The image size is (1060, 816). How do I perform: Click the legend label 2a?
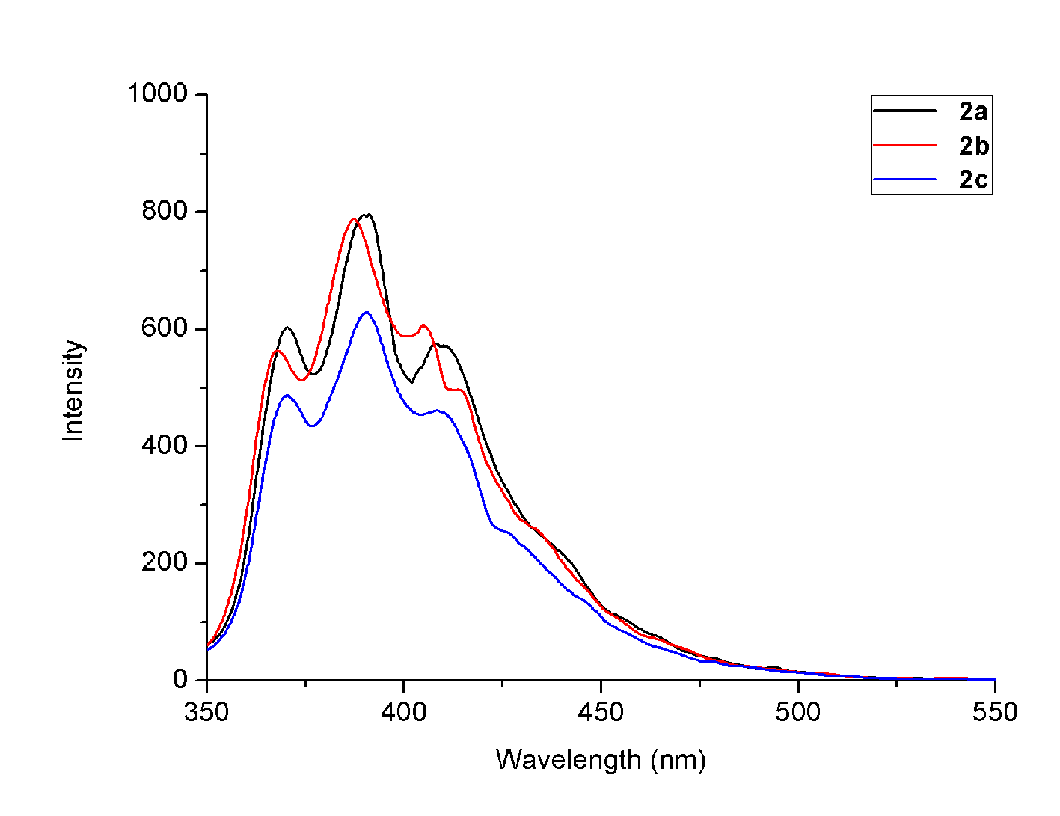click(973, 112)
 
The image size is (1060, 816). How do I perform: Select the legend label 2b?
click(973, 147)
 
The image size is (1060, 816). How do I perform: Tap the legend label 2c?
click(973, 180)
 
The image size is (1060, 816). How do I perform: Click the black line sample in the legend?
click(905, 111)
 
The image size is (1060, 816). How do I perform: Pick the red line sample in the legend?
click(905, 144)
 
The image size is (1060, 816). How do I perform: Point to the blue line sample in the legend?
click(905, 179)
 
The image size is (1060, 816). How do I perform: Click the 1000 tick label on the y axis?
click(157, 93)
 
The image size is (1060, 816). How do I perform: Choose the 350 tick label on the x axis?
click(206, 712)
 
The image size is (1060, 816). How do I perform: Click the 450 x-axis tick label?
click(601, 712)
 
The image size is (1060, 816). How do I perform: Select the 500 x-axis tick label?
click(797, 712)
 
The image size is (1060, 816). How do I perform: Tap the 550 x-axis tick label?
click(995, 712)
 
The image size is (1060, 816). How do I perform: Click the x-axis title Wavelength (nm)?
click(601, 760)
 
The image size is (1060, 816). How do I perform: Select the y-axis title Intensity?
click(73, 390)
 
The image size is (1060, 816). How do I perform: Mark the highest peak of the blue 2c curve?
click(366, 312)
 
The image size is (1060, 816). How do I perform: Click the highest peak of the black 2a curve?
click(367, 215)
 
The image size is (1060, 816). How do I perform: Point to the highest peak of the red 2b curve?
click(353, 219)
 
